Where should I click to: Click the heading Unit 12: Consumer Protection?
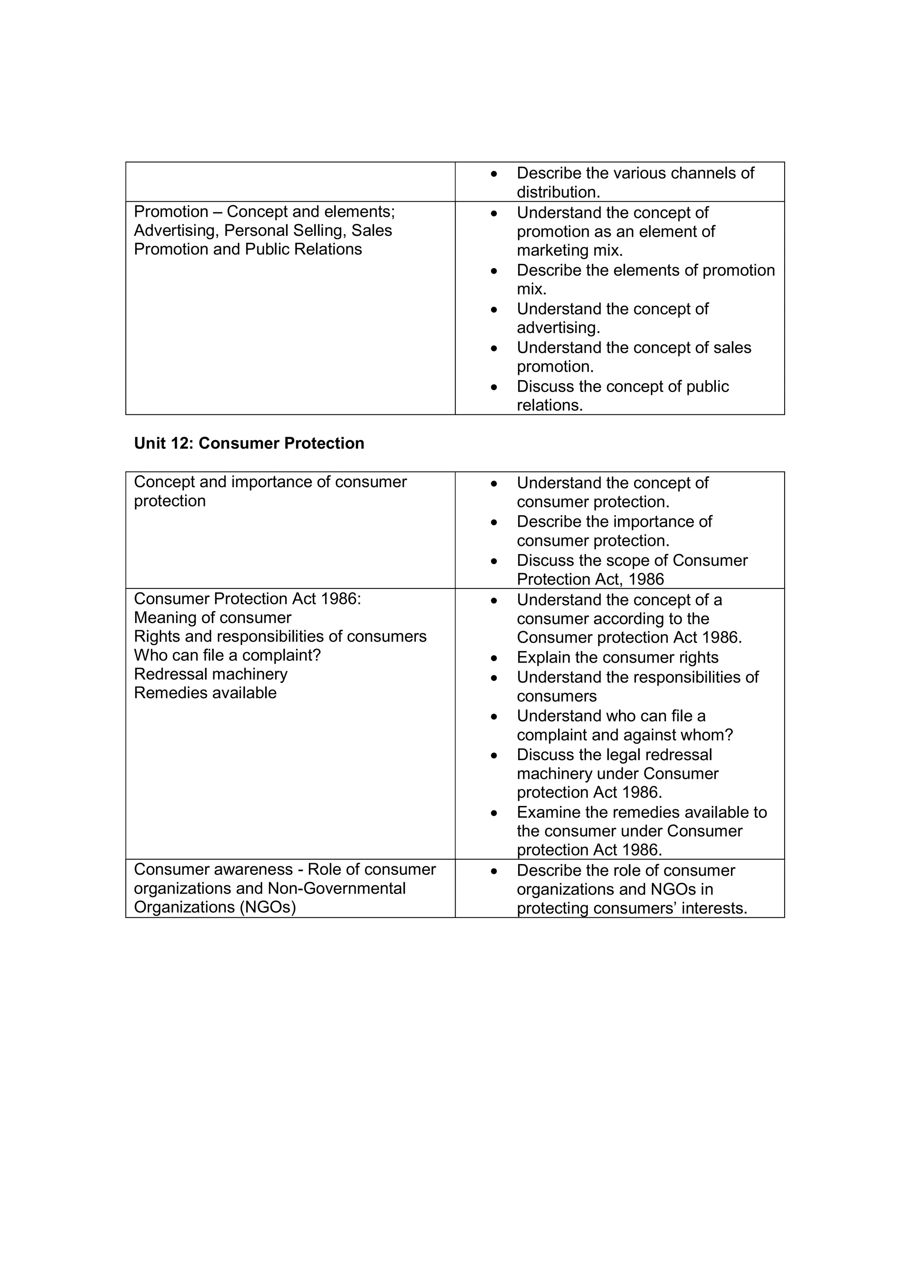[x=249, y=443]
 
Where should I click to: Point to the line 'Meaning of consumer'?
[x=212, y=617]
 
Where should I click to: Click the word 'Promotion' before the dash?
[x=171, y=212]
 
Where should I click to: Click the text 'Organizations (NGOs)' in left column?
[x=215, y=907]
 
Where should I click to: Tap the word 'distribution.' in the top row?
[x=558, y=192]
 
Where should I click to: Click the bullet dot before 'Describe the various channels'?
[x=494, y=174]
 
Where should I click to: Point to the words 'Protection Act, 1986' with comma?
[x=590, y=579]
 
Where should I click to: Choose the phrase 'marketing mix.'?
[x=569, y=250]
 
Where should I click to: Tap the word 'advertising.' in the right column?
[x=558, y=328]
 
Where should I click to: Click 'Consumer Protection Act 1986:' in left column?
[x=247, y=599]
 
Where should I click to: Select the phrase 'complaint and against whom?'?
[x=624, y=735]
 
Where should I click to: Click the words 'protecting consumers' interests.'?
[x=631, y=908]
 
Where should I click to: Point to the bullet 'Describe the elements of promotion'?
[x=645, y=270]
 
